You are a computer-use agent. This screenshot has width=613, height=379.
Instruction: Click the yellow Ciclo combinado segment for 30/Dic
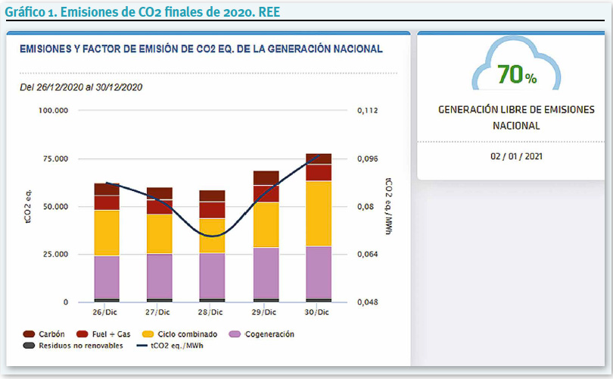click(319, 213)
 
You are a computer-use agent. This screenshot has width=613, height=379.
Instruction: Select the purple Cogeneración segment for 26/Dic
click(107, 277)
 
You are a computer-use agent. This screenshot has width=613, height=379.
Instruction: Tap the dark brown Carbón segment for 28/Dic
click(213, 196)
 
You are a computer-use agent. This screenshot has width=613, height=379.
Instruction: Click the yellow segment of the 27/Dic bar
click(160, 234)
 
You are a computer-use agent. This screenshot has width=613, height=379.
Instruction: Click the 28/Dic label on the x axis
click(212, 312)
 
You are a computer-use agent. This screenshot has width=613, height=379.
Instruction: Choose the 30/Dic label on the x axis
click(318, 312)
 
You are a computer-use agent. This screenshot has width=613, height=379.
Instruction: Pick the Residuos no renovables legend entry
click(72, 346)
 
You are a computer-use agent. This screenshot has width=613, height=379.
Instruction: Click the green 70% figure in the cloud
click(517, 76)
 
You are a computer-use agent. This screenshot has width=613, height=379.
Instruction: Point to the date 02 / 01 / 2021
click(515, 156)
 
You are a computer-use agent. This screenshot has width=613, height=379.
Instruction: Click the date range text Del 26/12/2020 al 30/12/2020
click(81, 87)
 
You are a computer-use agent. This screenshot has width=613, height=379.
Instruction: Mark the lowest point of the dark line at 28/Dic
click(213, 236)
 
